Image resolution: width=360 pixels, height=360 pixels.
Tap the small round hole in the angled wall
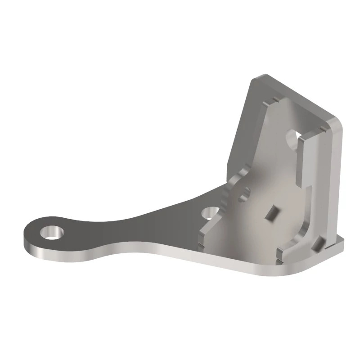click(246, 193)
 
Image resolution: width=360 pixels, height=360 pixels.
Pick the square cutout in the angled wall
click(271, 212)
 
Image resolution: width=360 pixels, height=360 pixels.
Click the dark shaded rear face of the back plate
click(241, 130)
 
